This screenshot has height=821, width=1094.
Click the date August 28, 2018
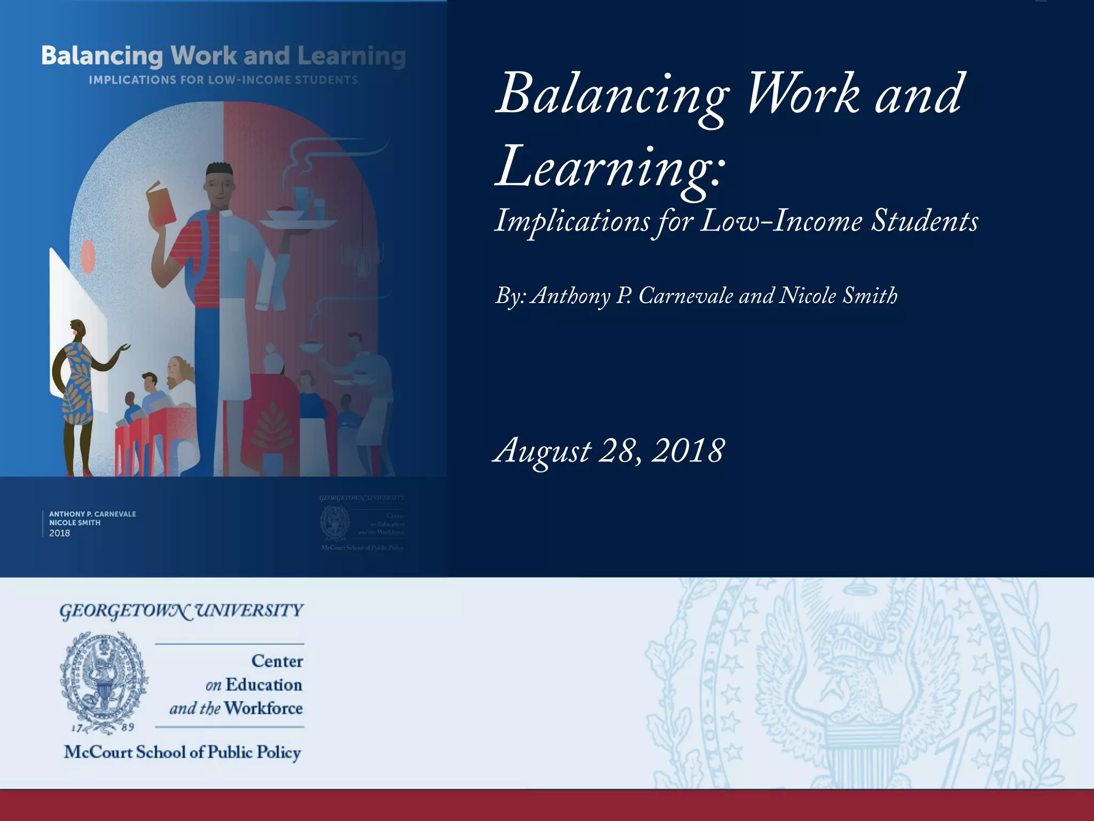click(x=609, y=451)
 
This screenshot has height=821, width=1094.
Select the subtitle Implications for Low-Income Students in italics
click(x=736, y=221)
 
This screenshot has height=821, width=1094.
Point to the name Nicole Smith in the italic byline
click(x=838, y=296)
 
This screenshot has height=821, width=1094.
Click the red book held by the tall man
click(x=161, y=204)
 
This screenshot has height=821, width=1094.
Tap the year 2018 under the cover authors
click(x=59, y=533)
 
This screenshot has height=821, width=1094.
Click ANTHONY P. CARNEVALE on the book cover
click(x=92, y=514)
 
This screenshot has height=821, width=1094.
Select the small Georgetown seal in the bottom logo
click(x=104, y=677)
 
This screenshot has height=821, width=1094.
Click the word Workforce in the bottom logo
click(x=263, y=708)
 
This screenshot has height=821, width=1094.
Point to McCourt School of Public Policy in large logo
click(x=182, y=752)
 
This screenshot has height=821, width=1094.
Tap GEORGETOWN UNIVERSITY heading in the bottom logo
click(x=181, y=611)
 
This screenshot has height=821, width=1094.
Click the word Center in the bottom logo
click(x=277, y=661)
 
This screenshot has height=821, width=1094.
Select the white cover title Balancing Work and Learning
click(x=223, y=56)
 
